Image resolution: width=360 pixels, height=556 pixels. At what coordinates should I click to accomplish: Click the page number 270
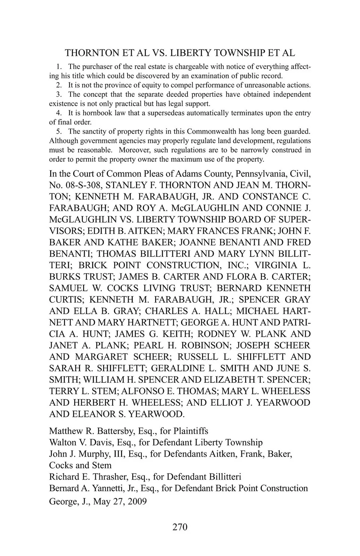[x=180, y=527]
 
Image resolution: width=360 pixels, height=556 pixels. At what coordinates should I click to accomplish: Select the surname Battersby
[x=114, y=431]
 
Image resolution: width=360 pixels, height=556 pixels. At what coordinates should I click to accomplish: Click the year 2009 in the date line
[x=136, y=502]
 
